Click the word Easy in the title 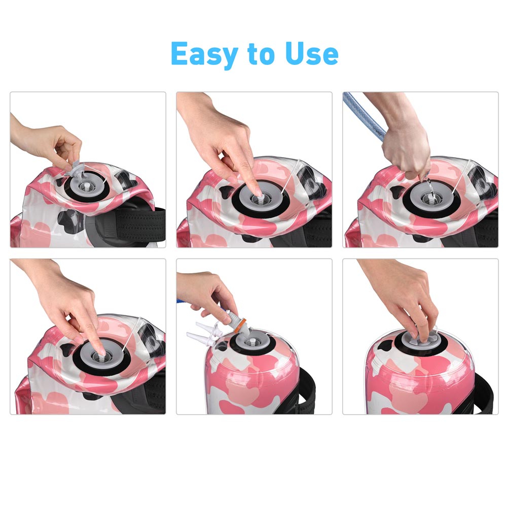coord(204,54)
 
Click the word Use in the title coord(312,53)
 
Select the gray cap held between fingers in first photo coord(76,170)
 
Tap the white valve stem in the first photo coord(86,187)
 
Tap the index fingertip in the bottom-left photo coord(101,351)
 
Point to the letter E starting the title coord(180,53)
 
